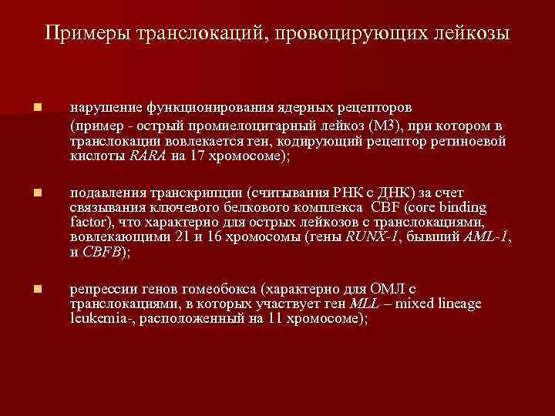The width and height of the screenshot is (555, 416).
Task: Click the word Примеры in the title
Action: click(86, 34)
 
